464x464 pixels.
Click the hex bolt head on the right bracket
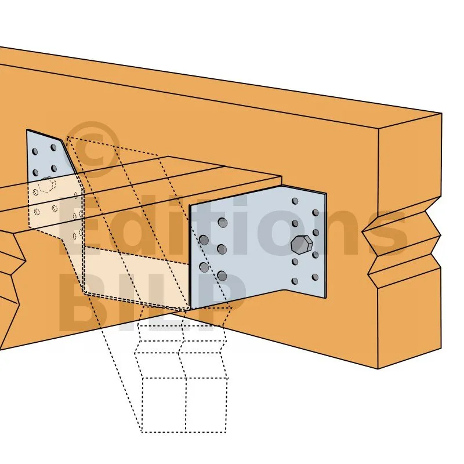302,245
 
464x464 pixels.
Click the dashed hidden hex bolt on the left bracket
47,184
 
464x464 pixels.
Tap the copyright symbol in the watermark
93,150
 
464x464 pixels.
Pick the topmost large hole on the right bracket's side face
223,223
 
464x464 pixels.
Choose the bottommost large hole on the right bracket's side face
222,276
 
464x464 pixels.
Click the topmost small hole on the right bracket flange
295,201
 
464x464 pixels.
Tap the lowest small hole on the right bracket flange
295,281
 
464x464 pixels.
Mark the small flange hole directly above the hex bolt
295,223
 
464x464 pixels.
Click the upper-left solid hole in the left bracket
35,151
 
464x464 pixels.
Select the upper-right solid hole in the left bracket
53,147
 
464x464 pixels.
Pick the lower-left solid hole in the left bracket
35,172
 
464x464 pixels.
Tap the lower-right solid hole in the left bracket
54,169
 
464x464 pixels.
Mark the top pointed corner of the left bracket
27,130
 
